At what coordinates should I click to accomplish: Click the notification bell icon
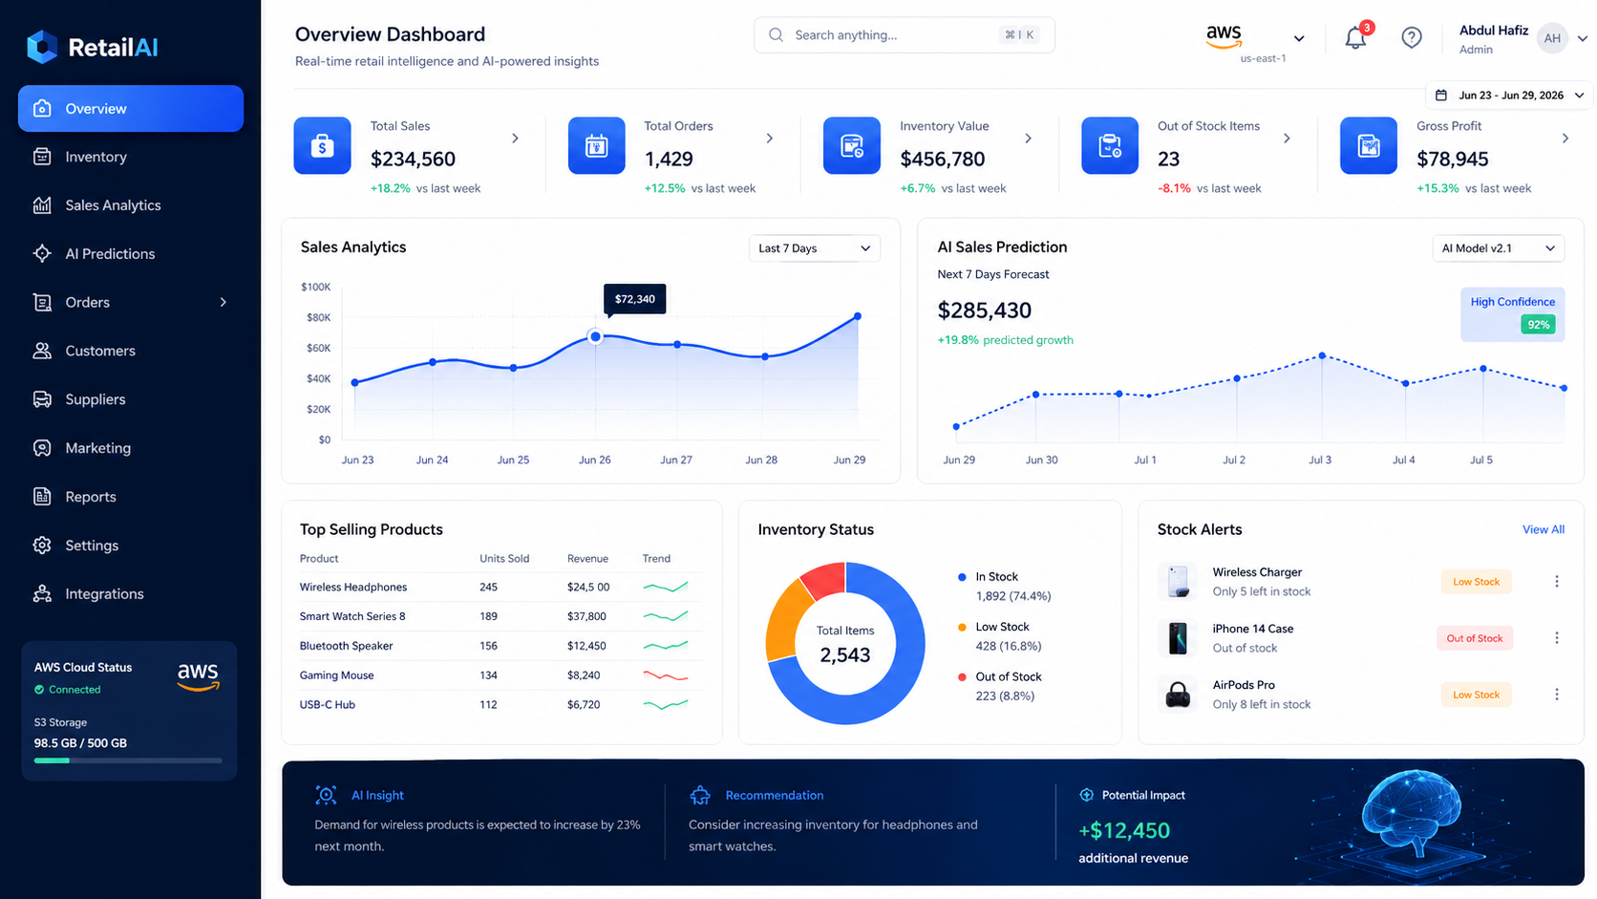coord(1355,38)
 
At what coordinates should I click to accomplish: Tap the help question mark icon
coord(1411,37)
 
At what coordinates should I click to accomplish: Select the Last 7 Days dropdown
coord(814,248)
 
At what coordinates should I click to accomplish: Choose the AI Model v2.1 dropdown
coord(1498,248)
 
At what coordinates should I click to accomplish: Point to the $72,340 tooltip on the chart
coord(634,299)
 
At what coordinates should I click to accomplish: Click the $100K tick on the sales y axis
coord(316,287)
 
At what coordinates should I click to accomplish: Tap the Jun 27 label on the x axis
coord(676,460)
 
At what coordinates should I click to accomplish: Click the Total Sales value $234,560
coord(413,159)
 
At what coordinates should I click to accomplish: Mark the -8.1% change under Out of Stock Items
coord(1174,188)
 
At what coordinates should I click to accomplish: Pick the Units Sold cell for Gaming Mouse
coord(488,675)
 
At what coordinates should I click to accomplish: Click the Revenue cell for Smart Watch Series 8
coord(586,616)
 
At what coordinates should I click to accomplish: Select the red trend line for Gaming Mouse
coord(665,675)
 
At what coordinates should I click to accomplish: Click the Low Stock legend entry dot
coord(962,628)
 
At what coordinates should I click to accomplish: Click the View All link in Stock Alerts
coord(1544,529)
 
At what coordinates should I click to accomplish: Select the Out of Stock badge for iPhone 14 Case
coord(1475,638)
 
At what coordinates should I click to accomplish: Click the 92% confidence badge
coord(1538,325)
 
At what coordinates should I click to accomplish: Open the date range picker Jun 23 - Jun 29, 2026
coord(1509,96)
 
